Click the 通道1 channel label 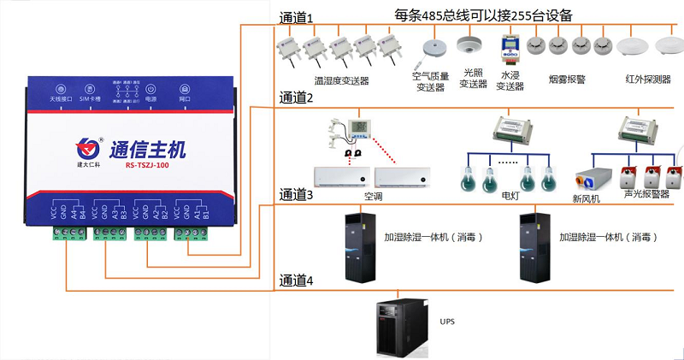click(x=297, y=17)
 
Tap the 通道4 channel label click(x=297, y=280)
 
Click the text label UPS click(x=447, y=322)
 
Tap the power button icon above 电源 click(x=150, y=89)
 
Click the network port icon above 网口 click(x=185, y=89)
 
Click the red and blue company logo click(x=85, y=146)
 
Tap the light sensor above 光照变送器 click(x=467, y=44)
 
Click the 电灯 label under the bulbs click(x=510, y=195)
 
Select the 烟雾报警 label click(x=566, y=80)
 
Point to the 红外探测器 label click(x=648, y=80)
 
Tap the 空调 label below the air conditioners click(x=373, y=196)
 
